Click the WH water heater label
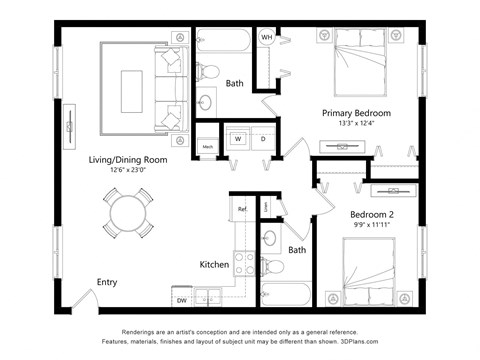(x=267, y=37)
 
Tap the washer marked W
(x=238, y=139)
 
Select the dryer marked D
(x=263, y=139)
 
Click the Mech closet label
(x=207, y=147)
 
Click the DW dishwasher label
(x=182, y=300)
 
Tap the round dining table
(x=127, y=213)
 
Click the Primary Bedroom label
(x=356, y=113)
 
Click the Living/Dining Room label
(x=127, y=159)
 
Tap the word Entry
(x=107, y=282)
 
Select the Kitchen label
(x=214, y=265)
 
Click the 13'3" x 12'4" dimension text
(x=356, y=124)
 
